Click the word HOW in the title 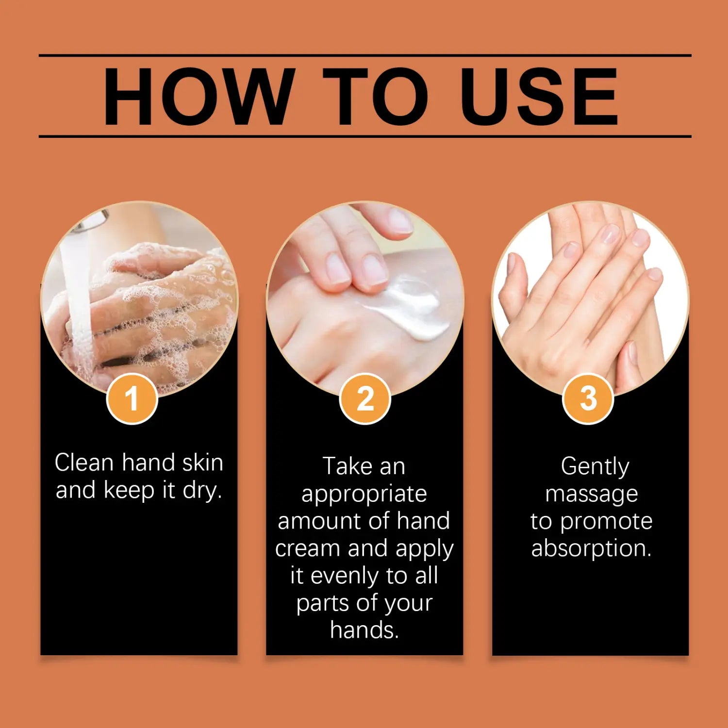[x=199, y=96]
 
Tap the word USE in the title [x=539, y=96]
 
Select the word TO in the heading [x=376, y=96]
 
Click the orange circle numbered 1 [x=132, y=399]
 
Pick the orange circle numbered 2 [x=365, y=399]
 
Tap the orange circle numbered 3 [x=588, y=399]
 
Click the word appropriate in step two [x=364, y=495]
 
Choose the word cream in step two [x=307, y=548]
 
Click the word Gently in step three [x=595, y=467]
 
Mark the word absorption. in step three [x=591, y=549]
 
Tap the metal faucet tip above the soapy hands [x=92, y=221]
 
